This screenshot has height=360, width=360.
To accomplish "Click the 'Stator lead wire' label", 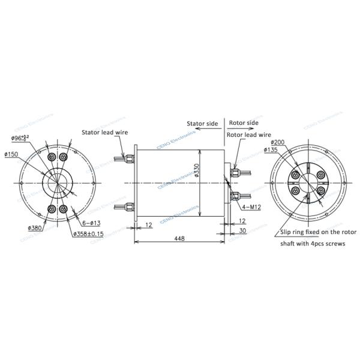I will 105,133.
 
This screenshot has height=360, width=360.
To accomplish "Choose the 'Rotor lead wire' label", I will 248,135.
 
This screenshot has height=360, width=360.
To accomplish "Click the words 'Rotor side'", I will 244,122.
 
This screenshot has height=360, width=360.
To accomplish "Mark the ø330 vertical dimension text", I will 196,170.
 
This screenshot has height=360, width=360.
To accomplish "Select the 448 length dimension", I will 179,238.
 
